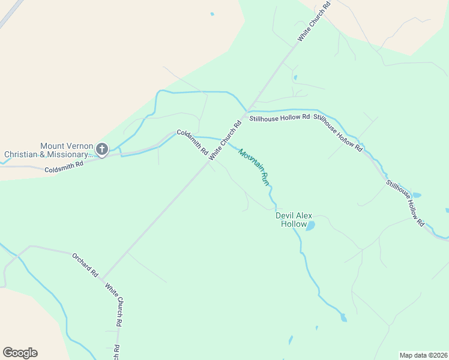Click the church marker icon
(x=102, y=149)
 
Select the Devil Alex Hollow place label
(x=294, y=220)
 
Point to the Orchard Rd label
(x=85, y=264)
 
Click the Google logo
(x=20, y=353)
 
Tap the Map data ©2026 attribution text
(x=423, y=355)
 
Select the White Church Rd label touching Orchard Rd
(x=114, y=304)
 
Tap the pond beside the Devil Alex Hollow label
(x=311, y=226)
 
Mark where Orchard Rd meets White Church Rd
(x=102, y=280)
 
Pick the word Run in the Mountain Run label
(x=264, y=178)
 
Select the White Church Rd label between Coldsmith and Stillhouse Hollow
(x=225, y=140)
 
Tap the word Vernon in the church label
(x=80, y=146)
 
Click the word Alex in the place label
(x=304, y=215)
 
